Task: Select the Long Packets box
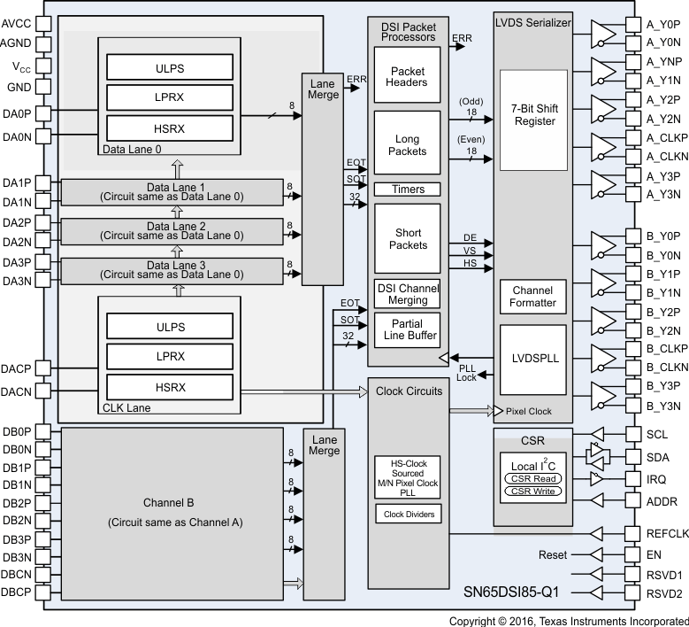tap(407, 143)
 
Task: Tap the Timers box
tap(407, 190)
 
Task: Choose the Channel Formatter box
tap(532, 297)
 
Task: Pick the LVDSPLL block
tap(532, 358)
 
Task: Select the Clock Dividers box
tap(407, 513)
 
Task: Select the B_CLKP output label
tap(663, 349)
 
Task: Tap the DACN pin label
tap(17, 390)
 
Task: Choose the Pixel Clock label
tap(528, 411)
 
